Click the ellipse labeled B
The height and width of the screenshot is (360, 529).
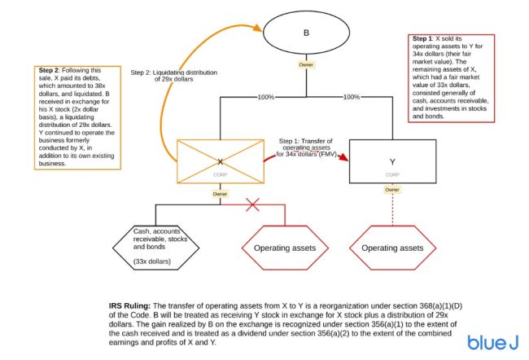307,33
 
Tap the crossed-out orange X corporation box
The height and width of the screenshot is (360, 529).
220,161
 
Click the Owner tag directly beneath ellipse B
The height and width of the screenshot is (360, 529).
307,64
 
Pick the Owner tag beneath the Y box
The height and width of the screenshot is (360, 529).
392,189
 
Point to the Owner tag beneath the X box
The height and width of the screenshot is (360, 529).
220,194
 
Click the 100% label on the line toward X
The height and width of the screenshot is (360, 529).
264,97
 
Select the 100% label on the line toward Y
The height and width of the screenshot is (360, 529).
352,97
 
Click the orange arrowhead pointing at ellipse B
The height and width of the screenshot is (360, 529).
261,30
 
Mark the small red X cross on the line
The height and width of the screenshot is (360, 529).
253,205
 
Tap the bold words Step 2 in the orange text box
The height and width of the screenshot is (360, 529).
50,70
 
